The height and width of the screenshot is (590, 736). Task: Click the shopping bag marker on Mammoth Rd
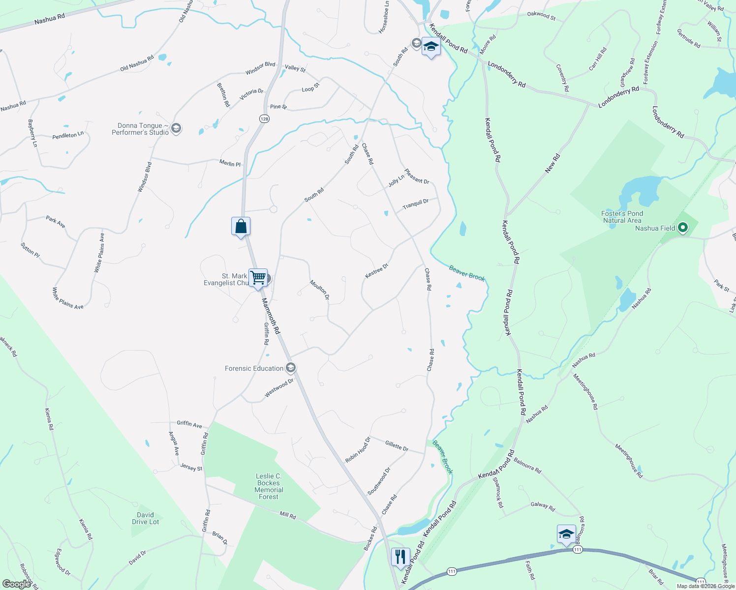241,227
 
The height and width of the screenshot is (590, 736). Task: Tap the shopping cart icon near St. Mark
258,278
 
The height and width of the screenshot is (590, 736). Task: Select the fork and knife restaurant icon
400,557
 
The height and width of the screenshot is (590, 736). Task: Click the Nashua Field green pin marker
682,228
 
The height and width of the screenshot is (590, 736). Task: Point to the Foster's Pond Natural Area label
622,217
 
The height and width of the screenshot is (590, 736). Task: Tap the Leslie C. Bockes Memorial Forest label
269,486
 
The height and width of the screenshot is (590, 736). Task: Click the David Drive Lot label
145,518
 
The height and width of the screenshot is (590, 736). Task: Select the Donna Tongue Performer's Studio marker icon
176,129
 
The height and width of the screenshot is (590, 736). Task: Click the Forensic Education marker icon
291,368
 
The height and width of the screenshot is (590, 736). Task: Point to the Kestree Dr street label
377,271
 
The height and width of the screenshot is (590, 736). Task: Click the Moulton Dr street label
319,290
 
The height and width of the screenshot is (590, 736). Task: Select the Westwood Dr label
279,387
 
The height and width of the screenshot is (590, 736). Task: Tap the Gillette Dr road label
397,446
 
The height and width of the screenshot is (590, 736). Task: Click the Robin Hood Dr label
358,450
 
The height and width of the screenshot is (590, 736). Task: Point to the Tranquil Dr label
416,204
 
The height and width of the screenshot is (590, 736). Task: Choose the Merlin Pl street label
230,163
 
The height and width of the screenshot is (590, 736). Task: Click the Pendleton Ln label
68,135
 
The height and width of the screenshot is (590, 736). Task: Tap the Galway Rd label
543,506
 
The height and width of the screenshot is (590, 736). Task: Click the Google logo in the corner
17,584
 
